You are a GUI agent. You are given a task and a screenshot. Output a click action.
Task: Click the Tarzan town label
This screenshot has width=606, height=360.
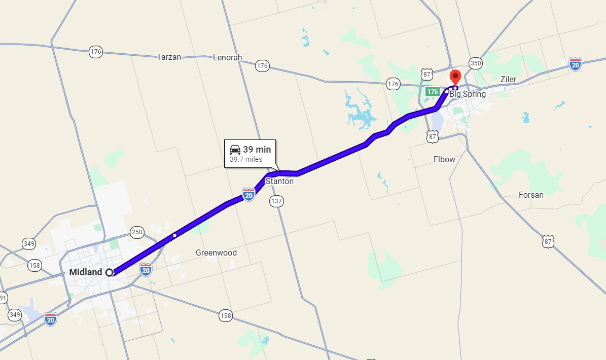coord(169,57)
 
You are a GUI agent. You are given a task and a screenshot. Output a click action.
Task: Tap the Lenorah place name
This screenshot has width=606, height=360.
coord(228,57)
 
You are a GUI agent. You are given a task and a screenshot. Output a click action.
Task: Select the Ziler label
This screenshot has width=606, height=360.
coord(508,79)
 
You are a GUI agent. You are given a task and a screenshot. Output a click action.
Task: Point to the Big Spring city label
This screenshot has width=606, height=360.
coord(468,94)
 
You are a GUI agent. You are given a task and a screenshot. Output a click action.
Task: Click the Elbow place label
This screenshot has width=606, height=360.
coord(444,159)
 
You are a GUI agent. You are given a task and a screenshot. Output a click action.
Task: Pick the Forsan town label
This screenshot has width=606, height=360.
coord(531,195)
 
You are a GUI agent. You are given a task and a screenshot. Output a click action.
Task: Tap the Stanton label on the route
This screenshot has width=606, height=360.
coord(279,181)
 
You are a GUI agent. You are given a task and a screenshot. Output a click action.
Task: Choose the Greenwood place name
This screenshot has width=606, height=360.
coord(216,253)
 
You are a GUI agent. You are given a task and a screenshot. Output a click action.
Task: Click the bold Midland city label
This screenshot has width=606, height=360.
coord(86,272)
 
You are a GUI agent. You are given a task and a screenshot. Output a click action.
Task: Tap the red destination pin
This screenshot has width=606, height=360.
coord(455,78)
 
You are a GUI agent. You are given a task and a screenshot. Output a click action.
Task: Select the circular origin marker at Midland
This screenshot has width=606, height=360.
coord(109,272)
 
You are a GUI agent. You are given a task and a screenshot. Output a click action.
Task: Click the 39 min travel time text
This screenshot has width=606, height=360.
coord(257,150)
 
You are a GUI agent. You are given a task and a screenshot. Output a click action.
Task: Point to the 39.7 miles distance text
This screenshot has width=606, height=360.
coord(246,159)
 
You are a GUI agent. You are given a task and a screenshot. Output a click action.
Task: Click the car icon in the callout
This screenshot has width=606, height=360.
coord(235,150)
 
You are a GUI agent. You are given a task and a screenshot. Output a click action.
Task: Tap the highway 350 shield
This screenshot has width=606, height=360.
coord(476,63)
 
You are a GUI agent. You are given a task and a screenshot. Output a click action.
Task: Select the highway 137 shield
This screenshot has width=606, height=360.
coord(276,201)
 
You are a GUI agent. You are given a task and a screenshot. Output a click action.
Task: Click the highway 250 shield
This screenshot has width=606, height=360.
coord(137,232)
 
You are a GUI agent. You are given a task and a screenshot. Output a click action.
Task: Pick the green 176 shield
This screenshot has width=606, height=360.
coord(432,92)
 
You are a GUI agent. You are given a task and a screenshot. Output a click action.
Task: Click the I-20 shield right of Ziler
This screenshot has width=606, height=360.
coord(575,64)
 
